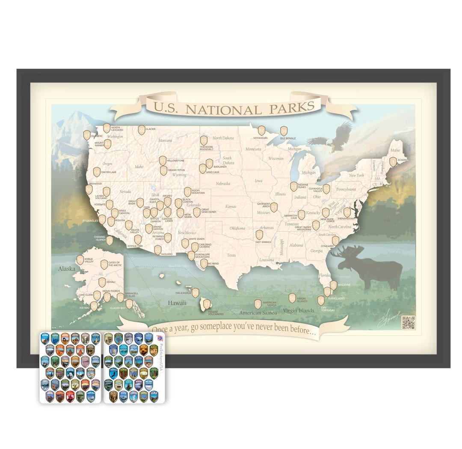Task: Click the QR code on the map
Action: pos(409,322)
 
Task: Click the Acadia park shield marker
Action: pos(393,162)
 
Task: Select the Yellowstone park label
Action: pos(175,161)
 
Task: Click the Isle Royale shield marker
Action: pos(284,131)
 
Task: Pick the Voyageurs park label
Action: pos(261,138)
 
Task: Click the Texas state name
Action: pos(231,255)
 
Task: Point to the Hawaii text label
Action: pos(177,303)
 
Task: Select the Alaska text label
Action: pos(67,269)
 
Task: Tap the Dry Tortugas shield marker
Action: pos(320,300)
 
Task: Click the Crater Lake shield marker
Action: pos(97,172)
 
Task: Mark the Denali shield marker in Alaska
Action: pos(102,282)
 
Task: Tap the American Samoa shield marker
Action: pos(258,304)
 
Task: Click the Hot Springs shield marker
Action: pos(259,234)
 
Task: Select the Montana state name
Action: pos(165,141)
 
